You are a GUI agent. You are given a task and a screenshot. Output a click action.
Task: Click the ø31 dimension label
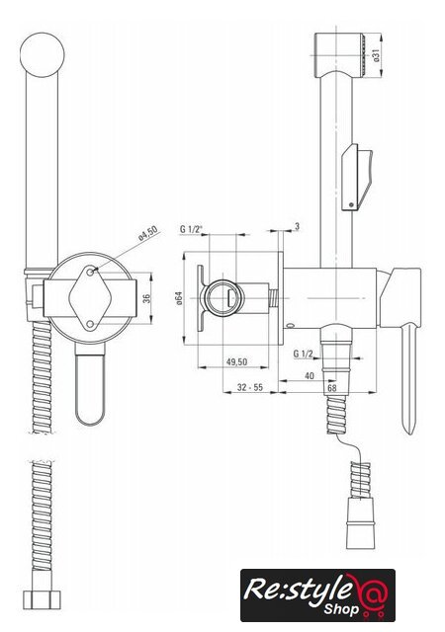pos(377,55)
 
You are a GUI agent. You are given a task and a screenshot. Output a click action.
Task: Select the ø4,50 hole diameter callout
pos(147,233)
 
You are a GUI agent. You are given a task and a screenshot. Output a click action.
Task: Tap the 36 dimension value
pos(146,298)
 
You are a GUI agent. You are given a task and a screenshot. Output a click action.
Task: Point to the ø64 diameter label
pos(179,298)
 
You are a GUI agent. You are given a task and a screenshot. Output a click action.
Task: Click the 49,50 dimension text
pos(236,361)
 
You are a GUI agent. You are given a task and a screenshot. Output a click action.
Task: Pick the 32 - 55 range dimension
pos(250,387)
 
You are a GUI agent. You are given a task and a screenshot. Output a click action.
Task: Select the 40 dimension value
pos(310,376)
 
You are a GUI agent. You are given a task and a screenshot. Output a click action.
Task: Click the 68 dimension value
pos(332,388)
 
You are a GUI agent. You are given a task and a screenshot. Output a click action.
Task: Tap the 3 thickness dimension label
pos(298,226)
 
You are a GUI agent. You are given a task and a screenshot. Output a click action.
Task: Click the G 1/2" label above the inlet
pos(191,229)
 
